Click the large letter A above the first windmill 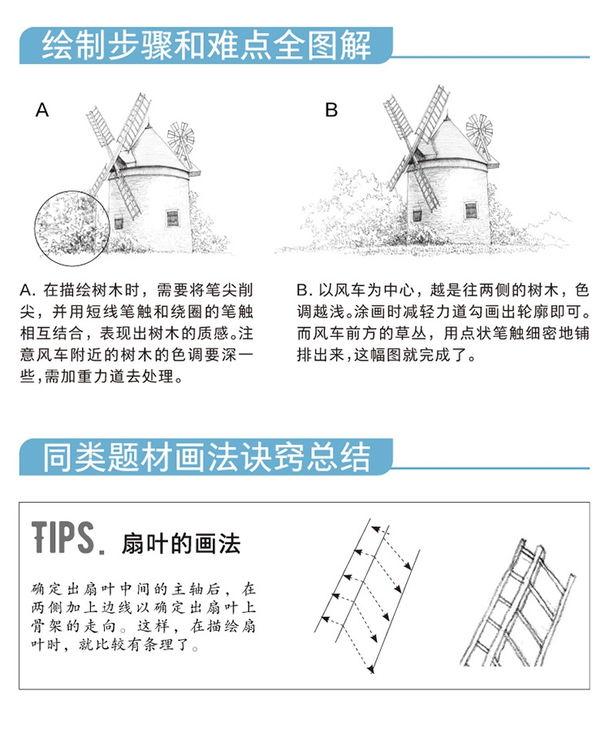click(42, 110)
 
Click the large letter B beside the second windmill click(331, 110)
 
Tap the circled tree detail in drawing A click(72, 226)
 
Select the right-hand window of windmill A click(172, 218)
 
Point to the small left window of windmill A click(119, 223)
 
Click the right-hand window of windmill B click(471, 210)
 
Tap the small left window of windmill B click(417, 216)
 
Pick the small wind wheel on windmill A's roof click(181, 137)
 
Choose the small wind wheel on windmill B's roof click(479, 129)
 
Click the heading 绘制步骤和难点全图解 click(206, 45)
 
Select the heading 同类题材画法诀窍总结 click(206, 457)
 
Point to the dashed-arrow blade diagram click(367, 595)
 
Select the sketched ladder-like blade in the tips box click(518, 603)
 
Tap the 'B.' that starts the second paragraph click(304, 290)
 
